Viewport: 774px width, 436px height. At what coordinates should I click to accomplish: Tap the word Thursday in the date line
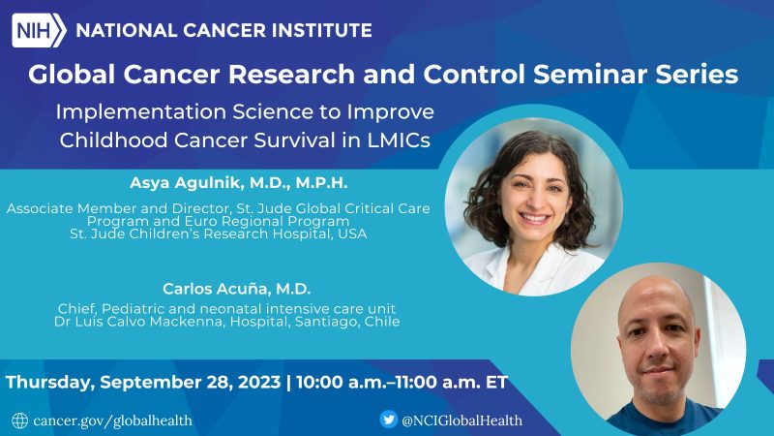pos(54,382)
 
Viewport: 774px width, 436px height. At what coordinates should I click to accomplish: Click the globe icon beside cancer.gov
pos(20,420)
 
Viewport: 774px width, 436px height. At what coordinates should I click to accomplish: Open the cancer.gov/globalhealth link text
pos(112,420)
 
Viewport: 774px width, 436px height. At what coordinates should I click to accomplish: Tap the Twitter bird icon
pos(389,420)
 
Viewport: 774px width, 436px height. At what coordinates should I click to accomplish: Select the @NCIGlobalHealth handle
pos(463,420)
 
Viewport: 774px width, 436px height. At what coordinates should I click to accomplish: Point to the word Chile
pos(379,321)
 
